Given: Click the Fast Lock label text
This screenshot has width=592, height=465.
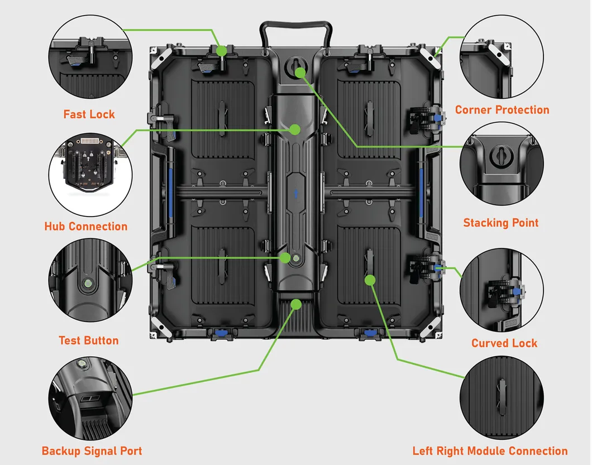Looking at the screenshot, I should (x=89, y=114).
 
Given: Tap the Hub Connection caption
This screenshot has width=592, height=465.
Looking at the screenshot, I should (x=86, y=226).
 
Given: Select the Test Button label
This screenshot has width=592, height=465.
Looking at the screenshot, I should (x=89, y=341).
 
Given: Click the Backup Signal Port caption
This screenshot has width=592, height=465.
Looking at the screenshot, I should (x=92, y=451).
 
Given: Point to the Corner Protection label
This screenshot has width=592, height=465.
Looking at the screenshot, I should (x=502, y=110).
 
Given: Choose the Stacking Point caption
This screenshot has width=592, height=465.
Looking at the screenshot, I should (x=500, y=223).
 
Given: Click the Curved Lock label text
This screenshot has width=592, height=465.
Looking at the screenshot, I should (x=504, y=343).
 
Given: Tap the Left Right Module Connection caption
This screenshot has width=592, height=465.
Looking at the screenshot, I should (x=490, y=451).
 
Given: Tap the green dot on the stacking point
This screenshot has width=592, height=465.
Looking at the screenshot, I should (x=300, y=72).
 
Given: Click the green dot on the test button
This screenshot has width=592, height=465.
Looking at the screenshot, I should (x=286, y=258).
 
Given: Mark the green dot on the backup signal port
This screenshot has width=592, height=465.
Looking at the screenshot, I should (x=295, y=304).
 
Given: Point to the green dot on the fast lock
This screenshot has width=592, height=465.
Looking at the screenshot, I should (x=222, y=51).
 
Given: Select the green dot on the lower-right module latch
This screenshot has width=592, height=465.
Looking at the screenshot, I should (x=369, y=280).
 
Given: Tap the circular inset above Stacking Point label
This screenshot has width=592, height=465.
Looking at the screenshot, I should (x=501, y=164).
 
